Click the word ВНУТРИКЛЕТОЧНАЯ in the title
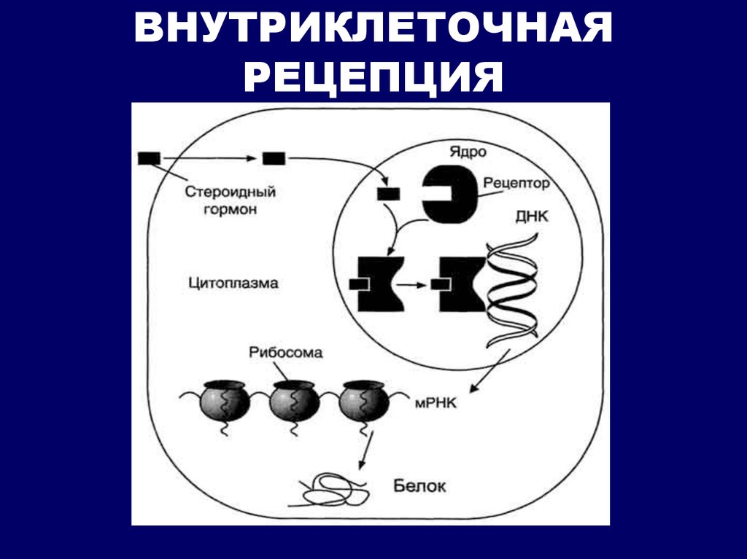click(373, 28)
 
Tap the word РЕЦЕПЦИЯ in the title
click(373, 77)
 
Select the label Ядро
click(468, 152)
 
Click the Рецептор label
click(516, 184)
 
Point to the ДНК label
click(532, 216)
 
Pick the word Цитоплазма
click(233, 284)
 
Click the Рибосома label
click(285, 353)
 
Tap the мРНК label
click(436, 404)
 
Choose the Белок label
click(419, 486)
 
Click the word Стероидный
click(230, 192)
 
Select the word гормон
click(230, 209)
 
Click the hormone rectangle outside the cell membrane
click(149, 158)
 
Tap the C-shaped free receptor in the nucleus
click(449, 195)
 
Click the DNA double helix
click(512, 291)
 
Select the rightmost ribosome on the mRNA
click(363, 401)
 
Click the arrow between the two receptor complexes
click(411, 285)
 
